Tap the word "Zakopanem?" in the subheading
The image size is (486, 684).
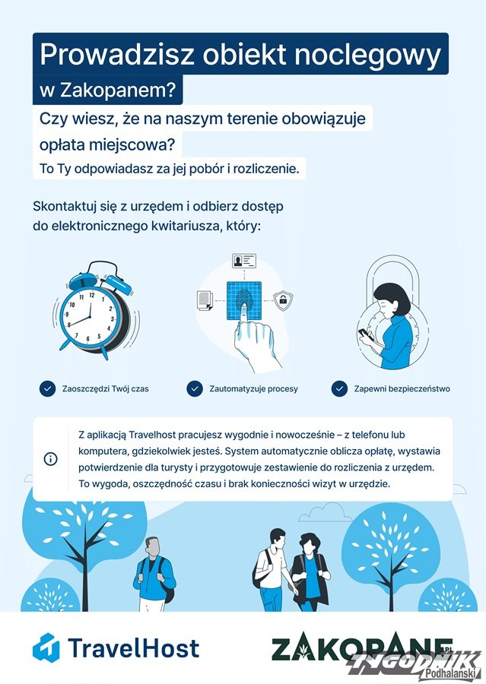[118, 90]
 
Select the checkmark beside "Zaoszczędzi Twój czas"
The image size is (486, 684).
[47, 388]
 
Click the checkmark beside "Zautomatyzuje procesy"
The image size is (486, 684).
[195, 388]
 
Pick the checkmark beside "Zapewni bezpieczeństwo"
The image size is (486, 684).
[339, 388]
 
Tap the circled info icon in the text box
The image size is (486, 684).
[51, 459]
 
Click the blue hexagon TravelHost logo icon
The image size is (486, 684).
[46, 647]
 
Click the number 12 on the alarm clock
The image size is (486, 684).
[92, 295]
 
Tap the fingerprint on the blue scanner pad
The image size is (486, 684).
[243, 301]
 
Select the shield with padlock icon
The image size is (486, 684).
[283, 300]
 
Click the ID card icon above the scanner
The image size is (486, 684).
[243, 261]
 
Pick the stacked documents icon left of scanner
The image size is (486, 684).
[205, 300]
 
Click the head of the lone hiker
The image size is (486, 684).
[153, 546]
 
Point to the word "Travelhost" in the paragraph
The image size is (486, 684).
[152, 435]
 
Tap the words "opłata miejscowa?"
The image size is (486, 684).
[110, 144]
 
